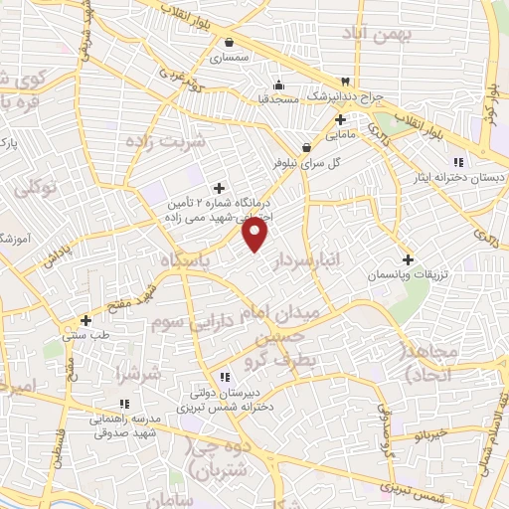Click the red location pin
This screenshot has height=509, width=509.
pos(256,234)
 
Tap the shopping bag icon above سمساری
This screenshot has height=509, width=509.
pos(230,43)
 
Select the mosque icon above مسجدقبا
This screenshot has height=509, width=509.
pos(279,84)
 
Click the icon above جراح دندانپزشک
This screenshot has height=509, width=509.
pos(345,81)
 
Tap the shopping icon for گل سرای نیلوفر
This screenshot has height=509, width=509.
pos(318,146)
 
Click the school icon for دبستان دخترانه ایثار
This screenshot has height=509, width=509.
pos(458,162)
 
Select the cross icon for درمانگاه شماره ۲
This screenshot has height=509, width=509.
pos(219,188)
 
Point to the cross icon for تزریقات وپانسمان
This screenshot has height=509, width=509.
pos(407,259)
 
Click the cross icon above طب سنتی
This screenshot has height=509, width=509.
pos(86,321)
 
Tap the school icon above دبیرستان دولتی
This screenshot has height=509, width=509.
pos(225,376)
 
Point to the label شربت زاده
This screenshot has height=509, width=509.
pos(164,141)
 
